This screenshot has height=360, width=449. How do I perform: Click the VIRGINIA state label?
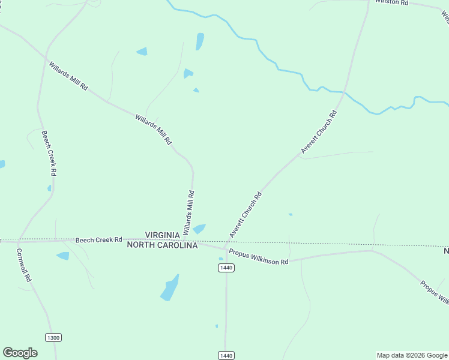click(163, 235)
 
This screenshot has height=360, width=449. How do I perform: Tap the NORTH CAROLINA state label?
click(162, 245)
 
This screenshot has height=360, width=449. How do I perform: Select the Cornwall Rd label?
click(28, 266)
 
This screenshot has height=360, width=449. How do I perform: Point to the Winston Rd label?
click(391, 2)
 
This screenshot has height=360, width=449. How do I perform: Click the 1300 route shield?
click(53, 338)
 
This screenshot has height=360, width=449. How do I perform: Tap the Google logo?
click(20, 353)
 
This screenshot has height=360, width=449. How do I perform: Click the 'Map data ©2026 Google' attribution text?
click(412, 355)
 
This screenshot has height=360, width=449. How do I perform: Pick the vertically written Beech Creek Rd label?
click(49, 152)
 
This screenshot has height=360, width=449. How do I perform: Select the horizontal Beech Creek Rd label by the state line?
click(98, 239)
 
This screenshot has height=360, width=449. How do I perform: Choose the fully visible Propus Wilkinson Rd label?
click(259, 258)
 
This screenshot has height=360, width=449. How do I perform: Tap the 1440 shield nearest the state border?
click(226, 268)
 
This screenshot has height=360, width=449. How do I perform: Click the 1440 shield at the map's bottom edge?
click(226, 356)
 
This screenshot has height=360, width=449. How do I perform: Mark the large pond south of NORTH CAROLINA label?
click(170, 288)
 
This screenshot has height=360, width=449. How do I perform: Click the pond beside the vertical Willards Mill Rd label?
click(199, 229)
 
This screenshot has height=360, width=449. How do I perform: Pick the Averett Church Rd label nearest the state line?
click(246, 214)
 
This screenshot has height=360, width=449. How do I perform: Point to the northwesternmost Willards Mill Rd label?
click(68, 76)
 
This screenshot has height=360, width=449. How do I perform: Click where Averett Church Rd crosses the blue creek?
click(343, 92)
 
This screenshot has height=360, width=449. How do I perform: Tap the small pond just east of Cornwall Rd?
click(63, 256)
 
